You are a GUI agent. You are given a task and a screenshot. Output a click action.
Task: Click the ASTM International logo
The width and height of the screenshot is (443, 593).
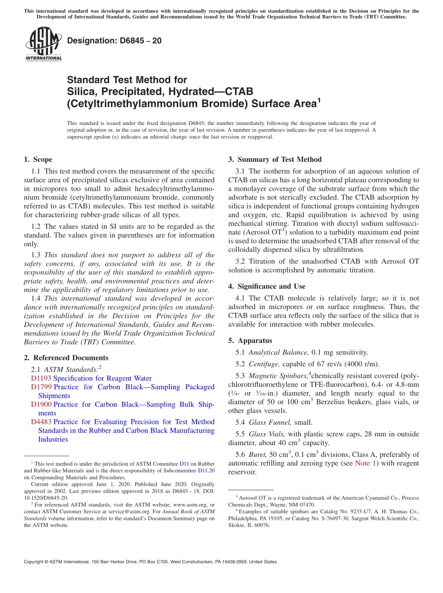click(43, 44)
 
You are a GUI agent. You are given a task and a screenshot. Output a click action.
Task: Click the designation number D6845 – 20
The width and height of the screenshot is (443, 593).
click(114, 41)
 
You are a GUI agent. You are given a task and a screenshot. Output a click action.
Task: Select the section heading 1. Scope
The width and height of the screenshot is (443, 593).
click(38, 159)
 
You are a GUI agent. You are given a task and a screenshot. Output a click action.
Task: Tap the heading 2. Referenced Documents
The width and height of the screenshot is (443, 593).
click(66, 358)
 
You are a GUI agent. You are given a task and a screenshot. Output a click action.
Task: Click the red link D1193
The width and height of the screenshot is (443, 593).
click(41, 378)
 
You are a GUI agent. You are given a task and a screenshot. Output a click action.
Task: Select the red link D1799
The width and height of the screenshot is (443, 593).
click(41, 387)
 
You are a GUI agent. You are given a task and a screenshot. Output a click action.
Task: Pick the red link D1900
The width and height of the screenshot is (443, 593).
click(41, 404)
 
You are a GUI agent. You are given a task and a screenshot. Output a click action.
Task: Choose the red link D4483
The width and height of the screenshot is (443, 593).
click(41, 422)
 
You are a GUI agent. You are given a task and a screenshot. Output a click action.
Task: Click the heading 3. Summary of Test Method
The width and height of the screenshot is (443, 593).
click(275, 159)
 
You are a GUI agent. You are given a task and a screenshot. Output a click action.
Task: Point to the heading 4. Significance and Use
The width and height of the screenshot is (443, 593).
click(271, 286)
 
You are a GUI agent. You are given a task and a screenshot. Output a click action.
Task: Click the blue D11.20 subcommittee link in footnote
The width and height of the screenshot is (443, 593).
click(207, 471)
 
